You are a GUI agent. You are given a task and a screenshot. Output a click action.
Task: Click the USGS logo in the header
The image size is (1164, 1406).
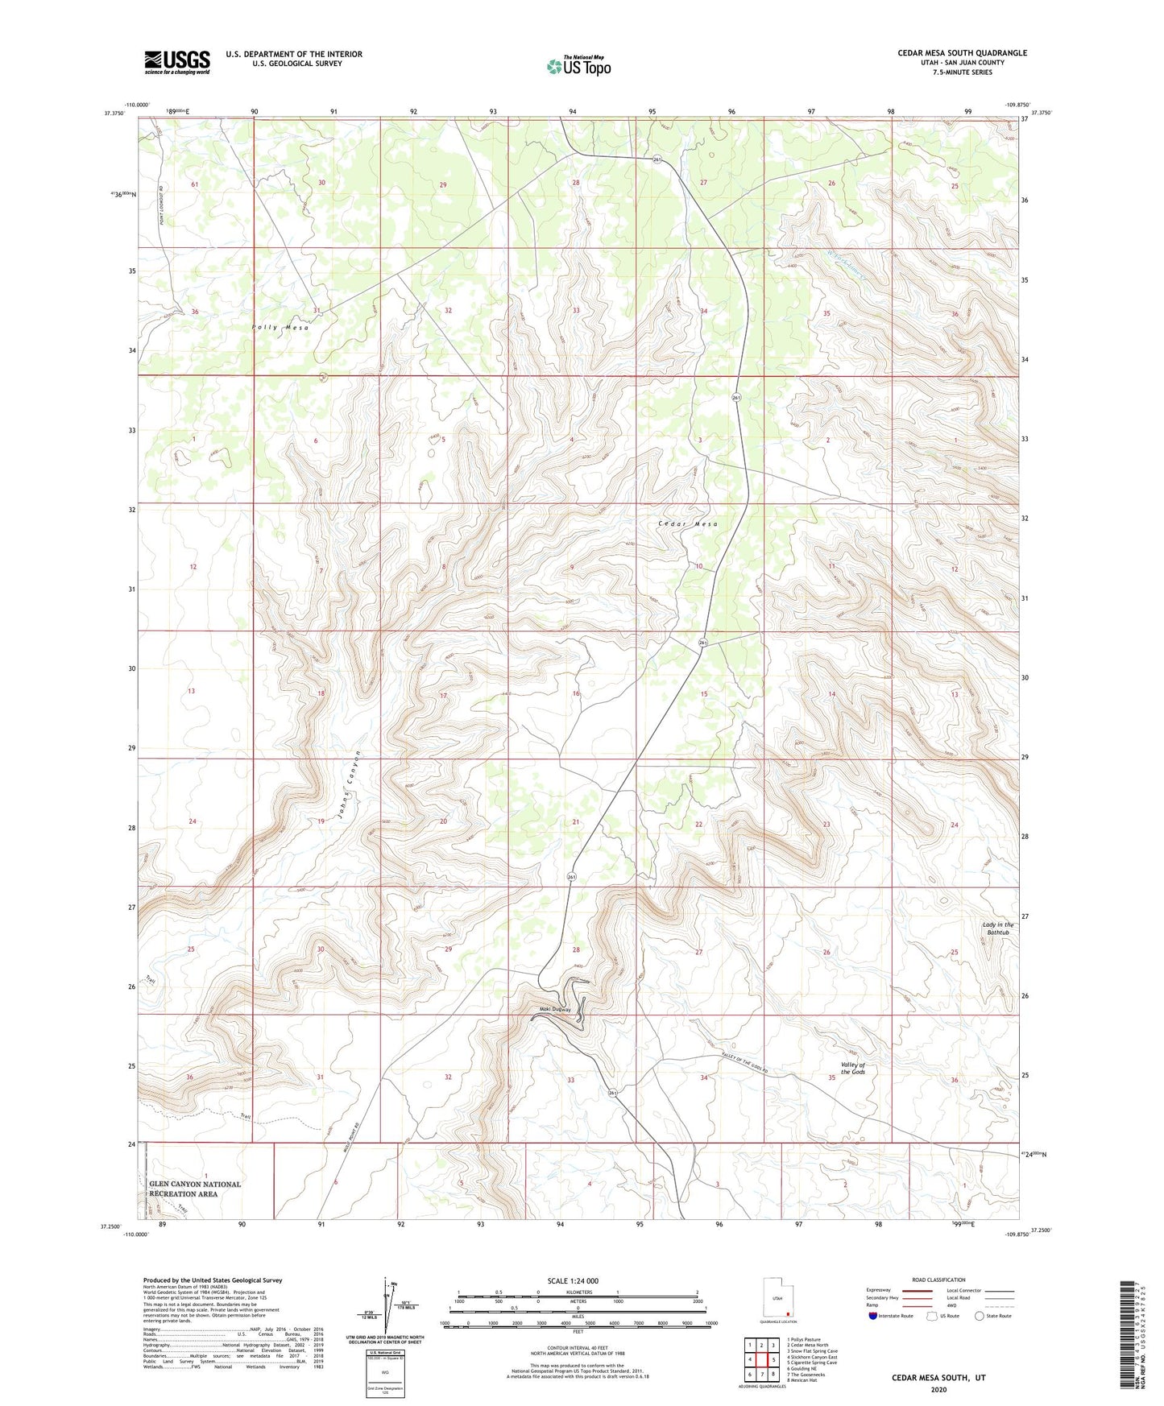tap(177, 62)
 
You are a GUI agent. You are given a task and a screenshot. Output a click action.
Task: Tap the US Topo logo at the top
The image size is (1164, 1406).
tap(578, 66)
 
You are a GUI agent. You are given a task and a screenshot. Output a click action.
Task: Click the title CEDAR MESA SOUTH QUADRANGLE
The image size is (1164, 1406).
tap(962, 53)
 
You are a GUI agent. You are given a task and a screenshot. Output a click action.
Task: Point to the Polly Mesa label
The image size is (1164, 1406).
tap(280, 328)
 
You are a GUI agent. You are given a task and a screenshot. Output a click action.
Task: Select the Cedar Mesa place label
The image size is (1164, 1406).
tap(687, 523)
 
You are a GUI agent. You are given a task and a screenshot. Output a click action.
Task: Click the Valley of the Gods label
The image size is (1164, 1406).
tap(852, 1068)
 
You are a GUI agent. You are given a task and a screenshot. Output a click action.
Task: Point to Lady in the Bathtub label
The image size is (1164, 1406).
tap(997, 928)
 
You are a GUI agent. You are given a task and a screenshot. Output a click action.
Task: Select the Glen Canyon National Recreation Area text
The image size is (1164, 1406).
tap(195, 1189)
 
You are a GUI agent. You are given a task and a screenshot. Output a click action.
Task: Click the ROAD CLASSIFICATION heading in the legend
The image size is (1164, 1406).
tap(939, 1280)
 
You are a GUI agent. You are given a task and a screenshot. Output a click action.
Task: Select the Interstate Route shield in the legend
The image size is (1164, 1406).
tap(874, 1317)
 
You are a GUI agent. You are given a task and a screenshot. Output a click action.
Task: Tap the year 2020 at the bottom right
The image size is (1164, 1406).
tap(938, 1389)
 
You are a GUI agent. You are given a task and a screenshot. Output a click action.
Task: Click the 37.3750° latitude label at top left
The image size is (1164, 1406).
tap(118, 114)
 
